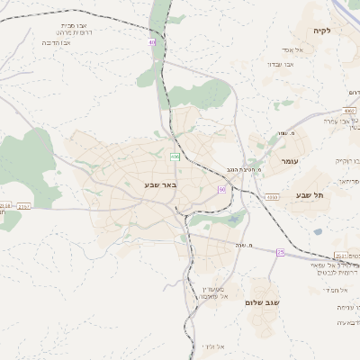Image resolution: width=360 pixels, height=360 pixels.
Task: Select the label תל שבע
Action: pos(309,194)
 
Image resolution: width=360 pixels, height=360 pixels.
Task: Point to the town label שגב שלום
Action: pos(263,303)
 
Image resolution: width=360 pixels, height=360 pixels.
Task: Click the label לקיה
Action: pos(323,31)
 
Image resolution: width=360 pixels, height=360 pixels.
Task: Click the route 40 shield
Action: pos(153,42)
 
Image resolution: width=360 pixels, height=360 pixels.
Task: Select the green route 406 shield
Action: pos(175,157)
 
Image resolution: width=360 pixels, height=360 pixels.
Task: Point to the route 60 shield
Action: pos(221,190)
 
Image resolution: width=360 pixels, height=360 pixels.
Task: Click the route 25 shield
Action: pos(280,252)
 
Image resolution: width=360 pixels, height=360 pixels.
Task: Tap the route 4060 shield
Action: pos(271,196)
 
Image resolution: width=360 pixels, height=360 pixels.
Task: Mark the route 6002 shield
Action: pos(349,110)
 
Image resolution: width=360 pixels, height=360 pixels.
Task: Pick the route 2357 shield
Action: pos(23,206)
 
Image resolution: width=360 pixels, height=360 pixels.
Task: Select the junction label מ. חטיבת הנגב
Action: pos(243,168)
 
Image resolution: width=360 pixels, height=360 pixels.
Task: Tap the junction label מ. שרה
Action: pos(237,232)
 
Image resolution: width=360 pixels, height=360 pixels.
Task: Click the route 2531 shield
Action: pos(341,255)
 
